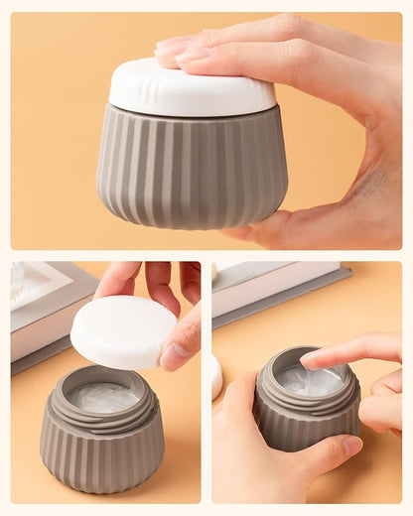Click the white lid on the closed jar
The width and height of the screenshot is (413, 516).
pyautogui.click(x=192, y=88)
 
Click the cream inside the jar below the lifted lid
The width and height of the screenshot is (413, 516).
pyautogui.click(x=102, y=397)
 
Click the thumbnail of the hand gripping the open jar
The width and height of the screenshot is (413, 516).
pyautogui.click(x=350, y=445)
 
